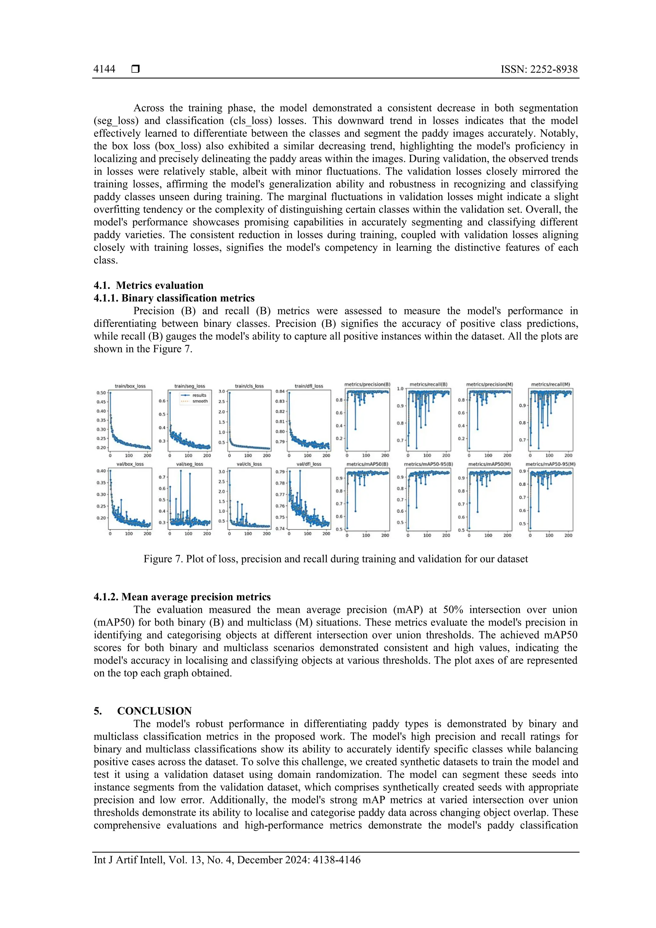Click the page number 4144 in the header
click(104, 69)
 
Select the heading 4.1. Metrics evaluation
click(148, 285)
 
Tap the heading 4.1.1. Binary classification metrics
click(174, 298)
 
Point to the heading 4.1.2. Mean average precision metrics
click(182, 597)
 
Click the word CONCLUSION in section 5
click(154, 711)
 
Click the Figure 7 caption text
click(335, 559)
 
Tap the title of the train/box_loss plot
click(130, 386)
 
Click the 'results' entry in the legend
click(199, 395)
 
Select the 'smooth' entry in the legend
click(200, 401)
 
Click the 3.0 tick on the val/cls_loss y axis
click(222, 472)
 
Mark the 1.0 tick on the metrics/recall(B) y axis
click(400, 389)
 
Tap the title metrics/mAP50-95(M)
click(550, 464)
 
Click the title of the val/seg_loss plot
click(189, 464)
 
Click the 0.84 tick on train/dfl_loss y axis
click(280, 392)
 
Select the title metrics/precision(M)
click(489, 385)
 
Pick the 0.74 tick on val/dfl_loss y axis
click(280, 529)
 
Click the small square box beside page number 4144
click(136, 69)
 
